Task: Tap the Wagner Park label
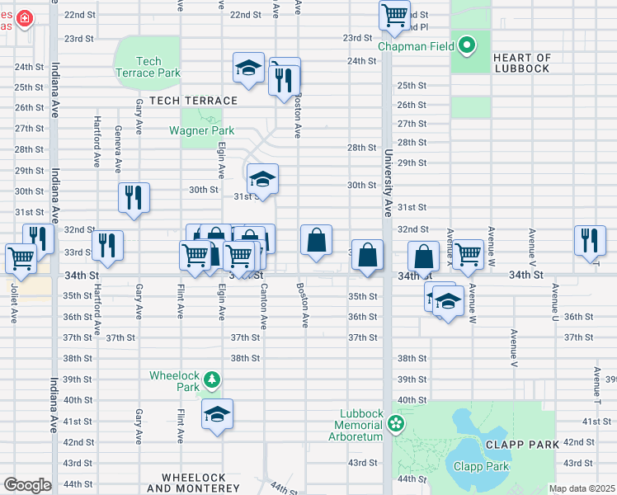pyautogui.click(x=201, y=130)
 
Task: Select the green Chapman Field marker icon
pyautogui.click(x=467, y=45)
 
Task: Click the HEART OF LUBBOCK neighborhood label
pyautogui.click(x=533, y=63)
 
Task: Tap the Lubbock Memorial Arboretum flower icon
pyautogui.click(x=396, y=424)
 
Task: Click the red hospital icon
pyautogui.click(x=25, y=17)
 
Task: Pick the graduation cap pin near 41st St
pyautogui.click(x=217, y=414)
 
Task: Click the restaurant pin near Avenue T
pyautogui.click(x=589, y=239)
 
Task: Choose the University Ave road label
pyautogui.click(x=387, y=182)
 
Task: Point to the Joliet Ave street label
pyautogui.click(x=13, y=304)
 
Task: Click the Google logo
pyautogui.click(x=26, y=485)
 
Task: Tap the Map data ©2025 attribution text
pyautogui.click(x=581, y=488)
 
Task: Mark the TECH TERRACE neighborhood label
pyautogui.click(x=187, y=101)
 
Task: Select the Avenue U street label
pyautogui.click(x=556, y=304)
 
